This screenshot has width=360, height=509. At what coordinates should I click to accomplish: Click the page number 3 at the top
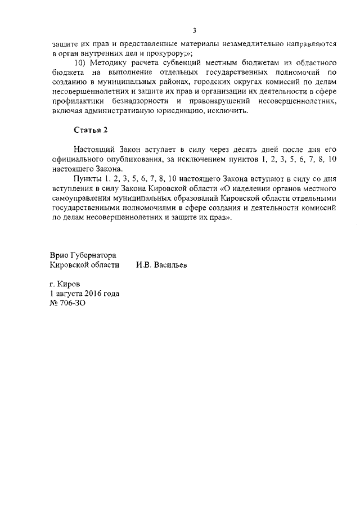click(193, 30)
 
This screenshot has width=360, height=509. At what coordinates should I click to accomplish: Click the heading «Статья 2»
click(91, 130)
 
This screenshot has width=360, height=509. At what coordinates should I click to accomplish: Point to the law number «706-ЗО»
click(74, 303)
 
